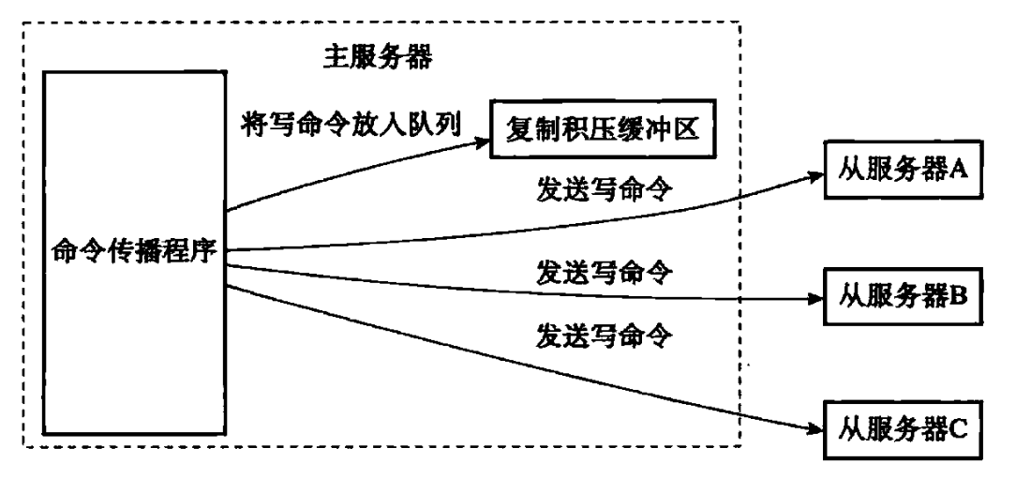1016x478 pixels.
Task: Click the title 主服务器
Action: coord(377,58)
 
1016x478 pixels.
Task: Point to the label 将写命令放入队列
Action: coord(351,124)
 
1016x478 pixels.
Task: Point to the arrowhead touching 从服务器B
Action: coord(814,299)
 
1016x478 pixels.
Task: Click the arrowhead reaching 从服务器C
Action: coord(814,427)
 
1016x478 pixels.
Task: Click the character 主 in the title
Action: coord(336,58)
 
